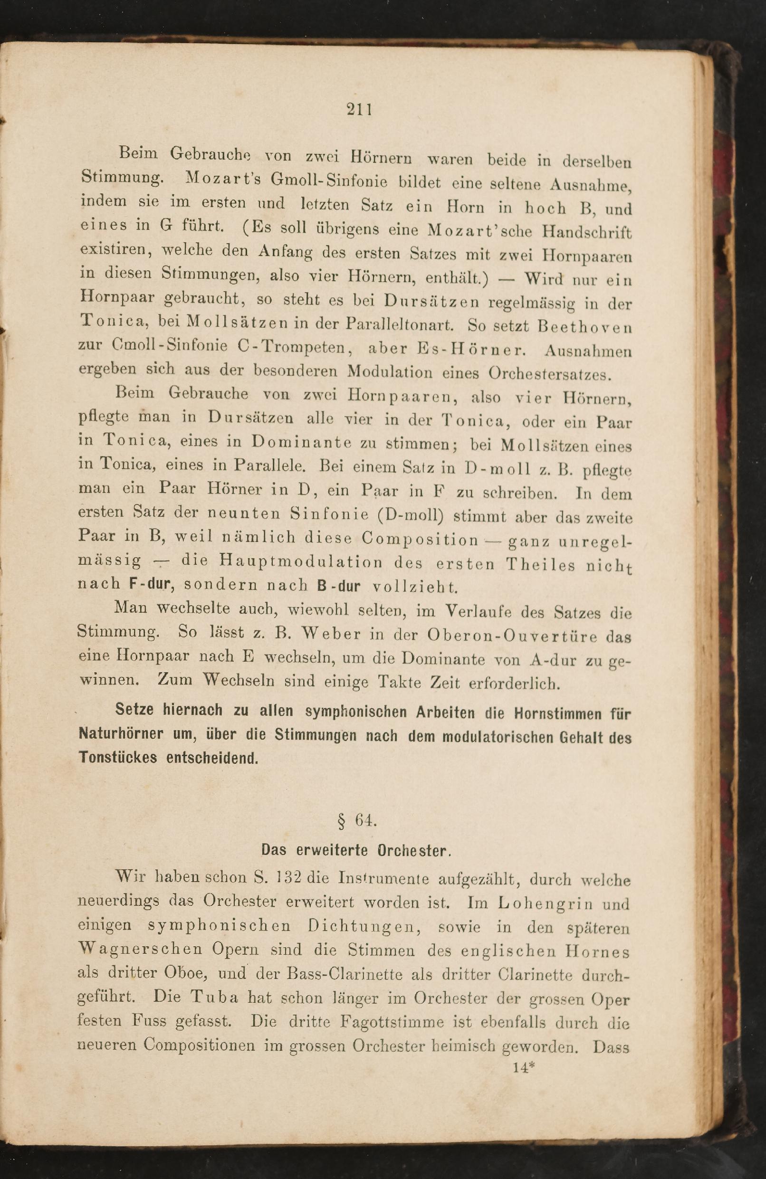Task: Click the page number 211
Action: [359, 108]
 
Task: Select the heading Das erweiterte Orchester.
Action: [356, 851]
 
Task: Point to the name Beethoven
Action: [585, 327]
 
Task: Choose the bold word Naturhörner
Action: [121, 733]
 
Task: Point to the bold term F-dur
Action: [150, 584]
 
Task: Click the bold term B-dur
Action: [338, 586]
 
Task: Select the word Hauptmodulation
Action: [301, 562]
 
